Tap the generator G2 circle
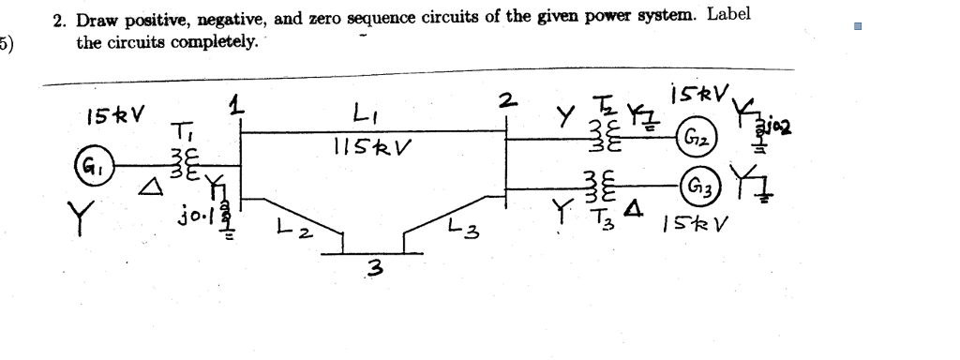pyautogui.click(x=699, y=136)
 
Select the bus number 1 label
pyautogui.click(x=240, y=101)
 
